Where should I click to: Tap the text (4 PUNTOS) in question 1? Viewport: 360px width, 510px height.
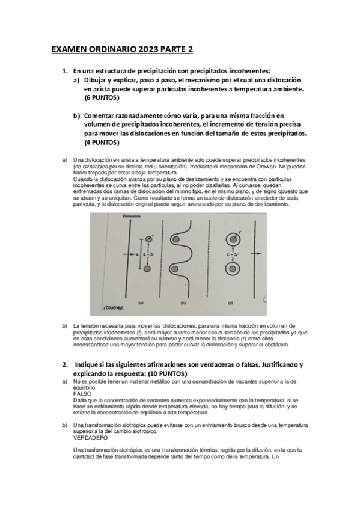coord(102,143)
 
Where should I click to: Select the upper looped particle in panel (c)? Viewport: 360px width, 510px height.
coord(232,239)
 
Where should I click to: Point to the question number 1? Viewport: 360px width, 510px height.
coord(65,71)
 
